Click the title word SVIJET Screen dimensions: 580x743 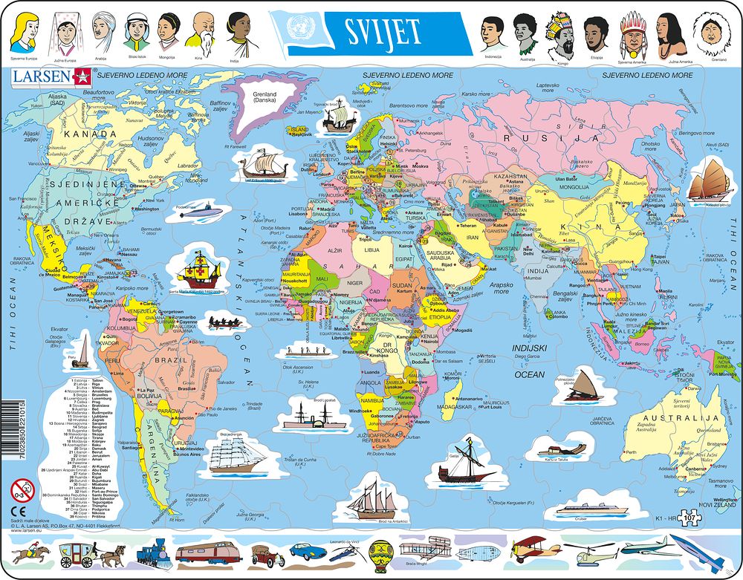tap(383, 31)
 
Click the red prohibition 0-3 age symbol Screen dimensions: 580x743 tap(23, 489)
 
